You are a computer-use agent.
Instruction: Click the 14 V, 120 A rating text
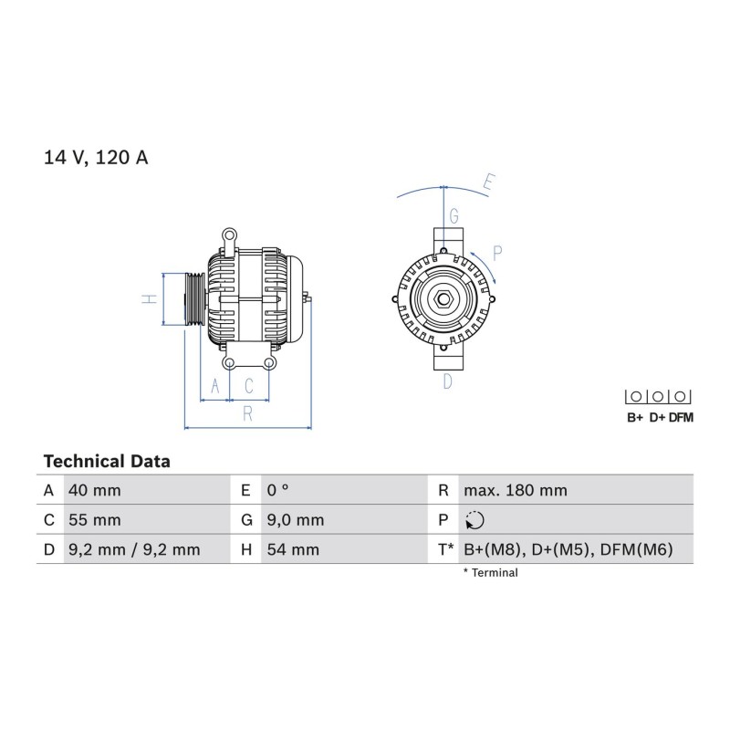tap(96, 157)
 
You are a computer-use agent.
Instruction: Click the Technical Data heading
tap(107, 462)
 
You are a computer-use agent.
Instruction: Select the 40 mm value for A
tap(95, 490)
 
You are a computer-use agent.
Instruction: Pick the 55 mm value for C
tap(95, 520)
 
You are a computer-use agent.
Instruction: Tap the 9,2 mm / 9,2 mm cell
tap(134, 550)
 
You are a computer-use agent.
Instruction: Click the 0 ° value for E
tap(278, 490)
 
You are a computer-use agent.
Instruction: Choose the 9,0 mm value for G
tap(295, 520)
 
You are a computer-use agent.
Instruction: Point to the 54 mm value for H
tap(293, 550)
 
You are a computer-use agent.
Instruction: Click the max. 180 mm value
tap(516, 490)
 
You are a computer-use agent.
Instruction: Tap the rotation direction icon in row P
tap(474, 520)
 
